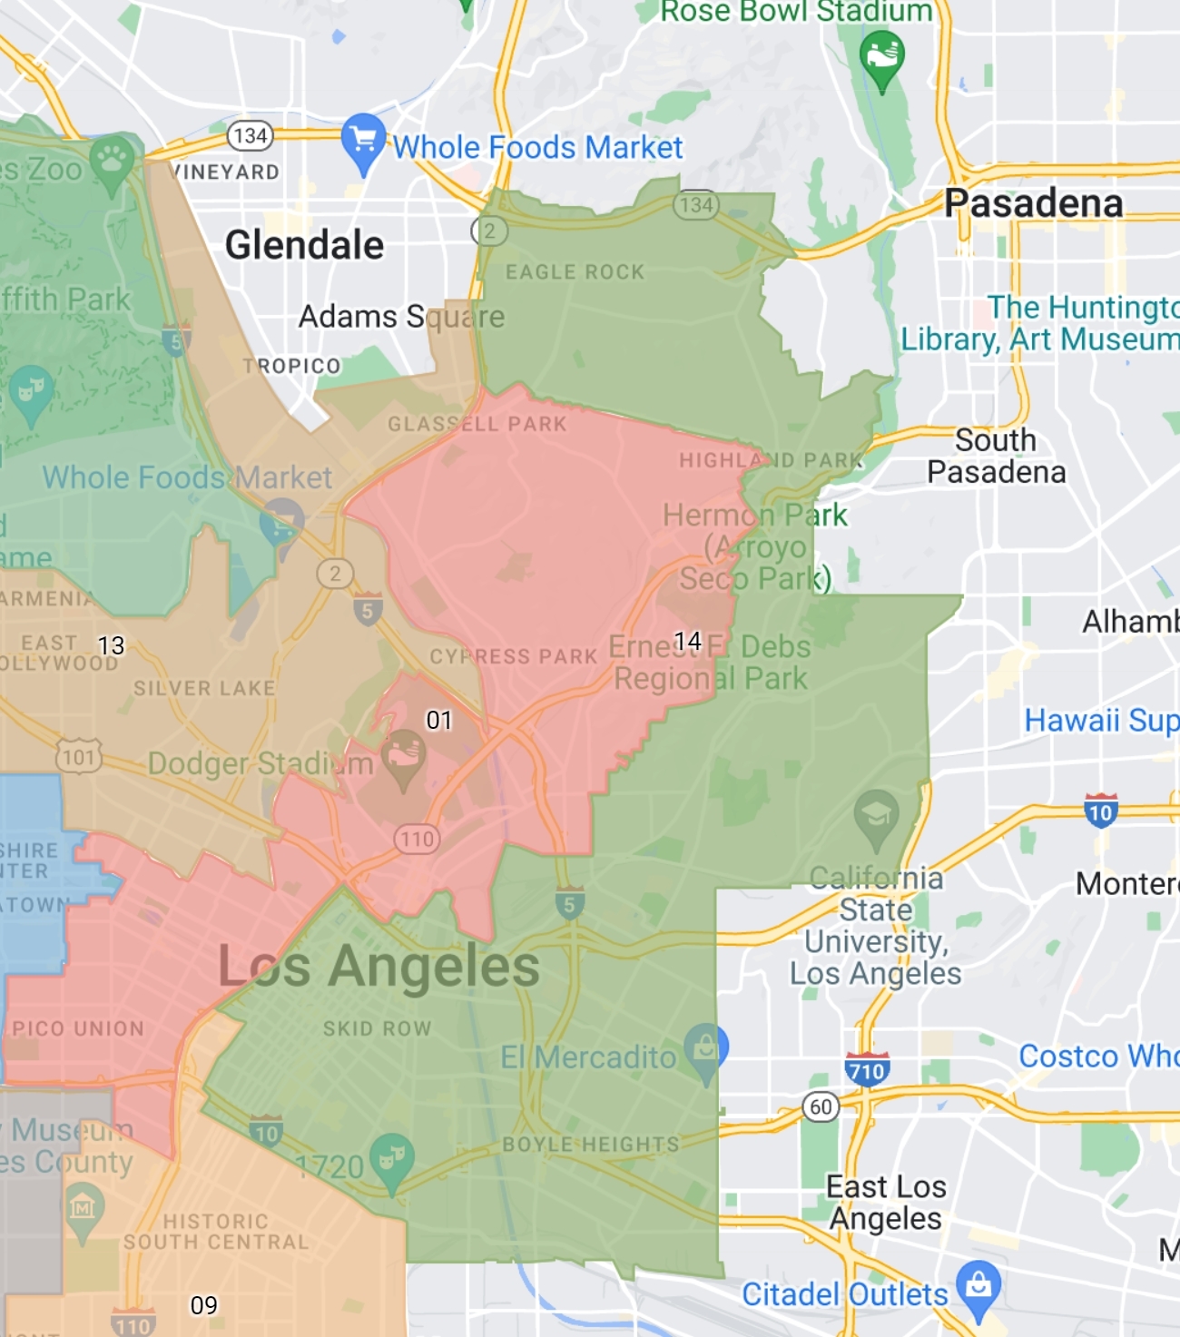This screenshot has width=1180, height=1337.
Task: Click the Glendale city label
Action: tap(304, 245)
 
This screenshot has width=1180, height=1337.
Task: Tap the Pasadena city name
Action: tap(1033, 203)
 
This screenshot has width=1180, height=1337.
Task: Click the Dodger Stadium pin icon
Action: tap(404, 758)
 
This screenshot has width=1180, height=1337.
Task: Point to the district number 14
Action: tap(688, 642)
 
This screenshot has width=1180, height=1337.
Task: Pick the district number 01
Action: tap(439, 721)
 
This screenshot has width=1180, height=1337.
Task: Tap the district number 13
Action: tap(111, 645)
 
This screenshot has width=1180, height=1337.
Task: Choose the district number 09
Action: tap(203, 1305)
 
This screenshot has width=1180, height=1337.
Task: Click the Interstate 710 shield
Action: tap(867, 1071)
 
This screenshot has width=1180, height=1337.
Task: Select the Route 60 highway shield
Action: tap(821, 1106)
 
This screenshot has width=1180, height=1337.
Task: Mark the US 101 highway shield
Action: tap(79, 756)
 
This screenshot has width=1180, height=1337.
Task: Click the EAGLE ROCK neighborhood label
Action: tap(575, 272)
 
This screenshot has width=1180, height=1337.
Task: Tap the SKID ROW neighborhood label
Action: tap(377, 1028)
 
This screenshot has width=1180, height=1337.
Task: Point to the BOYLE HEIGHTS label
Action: tap(591, 1145)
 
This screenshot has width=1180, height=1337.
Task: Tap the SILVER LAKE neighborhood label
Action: tap(204, 689)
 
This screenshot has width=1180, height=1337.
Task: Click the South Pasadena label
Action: tap(996, 457)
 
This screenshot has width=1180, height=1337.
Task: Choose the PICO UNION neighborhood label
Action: tap(78, 1028)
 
